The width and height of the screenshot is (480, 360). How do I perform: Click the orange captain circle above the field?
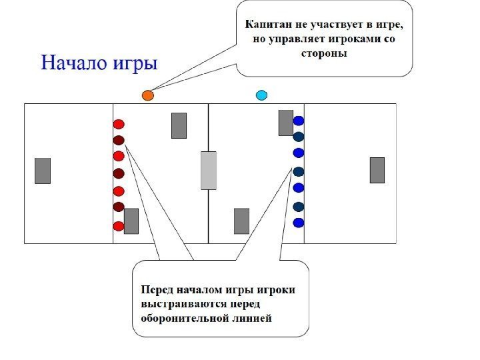coord(148,95)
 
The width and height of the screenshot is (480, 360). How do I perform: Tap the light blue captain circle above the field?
coord(262,95)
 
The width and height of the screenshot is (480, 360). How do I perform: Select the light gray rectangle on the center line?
coord(209,170)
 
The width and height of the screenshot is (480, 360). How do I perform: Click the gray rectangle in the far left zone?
coord(43,171)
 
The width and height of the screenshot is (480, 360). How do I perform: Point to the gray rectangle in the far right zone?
coord(377,170)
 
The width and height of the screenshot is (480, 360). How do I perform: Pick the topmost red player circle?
coord(119,124)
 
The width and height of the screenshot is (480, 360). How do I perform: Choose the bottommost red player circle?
coord(119,226)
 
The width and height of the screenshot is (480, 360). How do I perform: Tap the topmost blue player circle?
coord(299,121)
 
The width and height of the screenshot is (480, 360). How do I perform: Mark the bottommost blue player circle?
coord(299,223)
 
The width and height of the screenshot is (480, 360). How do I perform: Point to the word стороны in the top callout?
coord(325,54)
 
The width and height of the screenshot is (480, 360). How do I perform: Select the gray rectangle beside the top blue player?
coord(286,123)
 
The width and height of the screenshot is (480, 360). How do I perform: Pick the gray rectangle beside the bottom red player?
coord(131,221)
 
